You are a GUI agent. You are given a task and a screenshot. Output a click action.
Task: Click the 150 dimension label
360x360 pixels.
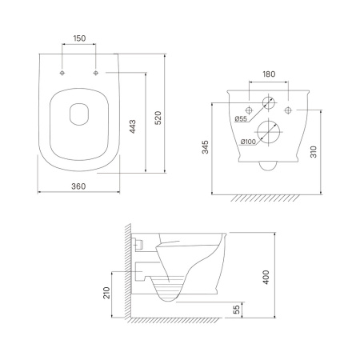click(79, 38)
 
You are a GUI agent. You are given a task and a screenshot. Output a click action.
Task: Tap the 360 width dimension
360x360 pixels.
click(78, 186)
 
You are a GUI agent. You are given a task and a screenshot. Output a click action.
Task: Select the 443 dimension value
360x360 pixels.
click(133, 126)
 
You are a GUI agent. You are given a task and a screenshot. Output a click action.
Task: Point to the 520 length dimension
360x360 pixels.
click(158, 118)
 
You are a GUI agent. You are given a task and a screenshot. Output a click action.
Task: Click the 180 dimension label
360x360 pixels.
click(269, 74)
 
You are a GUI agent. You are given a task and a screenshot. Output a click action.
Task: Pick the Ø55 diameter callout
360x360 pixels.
click(241, 118)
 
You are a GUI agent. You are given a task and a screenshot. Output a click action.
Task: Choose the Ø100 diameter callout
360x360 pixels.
click(248, 142)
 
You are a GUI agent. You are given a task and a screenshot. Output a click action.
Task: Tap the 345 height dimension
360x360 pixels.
click(206, 147)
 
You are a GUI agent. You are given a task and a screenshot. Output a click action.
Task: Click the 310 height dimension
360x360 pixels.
click(314, 151)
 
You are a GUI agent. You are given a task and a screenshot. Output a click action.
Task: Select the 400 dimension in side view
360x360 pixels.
click(266, 278)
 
